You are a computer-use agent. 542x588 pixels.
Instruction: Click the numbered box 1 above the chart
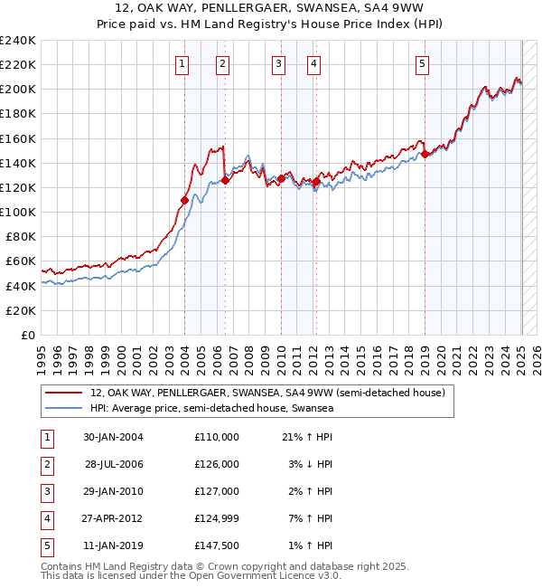point(182,63)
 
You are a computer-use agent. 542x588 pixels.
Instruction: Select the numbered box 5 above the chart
point(423,63)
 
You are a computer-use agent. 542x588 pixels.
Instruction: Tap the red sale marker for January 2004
point(184,200)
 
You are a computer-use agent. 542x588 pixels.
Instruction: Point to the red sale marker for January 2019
point(425,154)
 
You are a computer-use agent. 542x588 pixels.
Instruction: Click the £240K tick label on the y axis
point(17,41)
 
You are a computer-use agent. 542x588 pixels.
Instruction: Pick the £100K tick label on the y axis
point(17,212)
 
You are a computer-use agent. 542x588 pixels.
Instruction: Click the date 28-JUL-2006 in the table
point(114,464)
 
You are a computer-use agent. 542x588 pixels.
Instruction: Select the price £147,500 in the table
point(216,545)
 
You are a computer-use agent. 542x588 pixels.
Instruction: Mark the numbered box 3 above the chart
point(278,63)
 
